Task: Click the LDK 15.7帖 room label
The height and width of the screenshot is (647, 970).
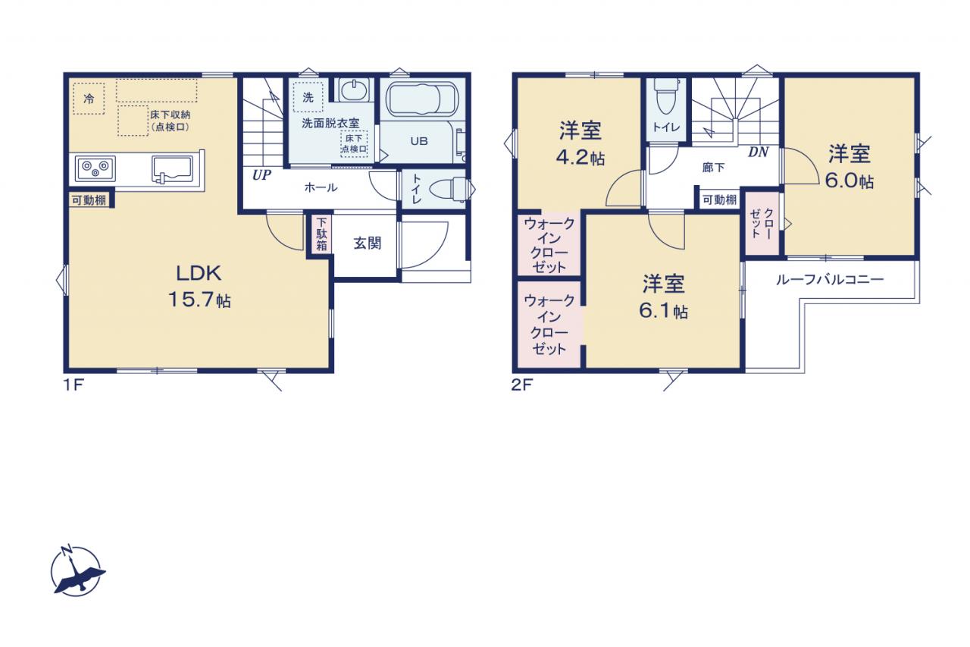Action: pos(199,287)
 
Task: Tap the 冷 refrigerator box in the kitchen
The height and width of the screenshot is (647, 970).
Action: pos(89,99)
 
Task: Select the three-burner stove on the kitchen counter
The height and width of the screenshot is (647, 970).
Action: pos(95,168)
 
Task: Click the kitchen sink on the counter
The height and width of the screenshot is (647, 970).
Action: pos(172,169)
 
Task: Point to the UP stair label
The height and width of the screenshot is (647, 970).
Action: pos(261,175)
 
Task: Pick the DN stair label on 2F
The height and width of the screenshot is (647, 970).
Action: pos(759,152)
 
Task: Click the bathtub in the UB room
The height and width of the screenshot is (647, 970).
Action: pos(422,99)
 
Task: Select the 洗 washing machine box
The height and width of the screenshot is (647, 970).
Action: pos(308,97)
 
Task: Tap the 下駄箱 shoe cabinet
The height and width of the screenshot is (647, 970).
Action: pos(321,234)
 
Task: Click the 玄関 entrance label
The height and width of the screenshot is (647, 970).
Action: pos(368,243)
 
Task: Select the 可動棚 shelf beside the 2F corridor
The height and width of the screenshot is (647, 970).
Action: pos(719,199)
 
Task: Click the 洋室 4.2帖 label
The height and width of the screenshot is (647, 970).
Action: pos(580,144)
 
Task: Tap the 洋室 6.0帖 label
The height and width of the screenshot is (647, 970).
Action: pos(850,168)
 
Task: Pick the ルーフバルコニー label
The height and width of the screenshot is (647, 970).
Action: pos(830,280)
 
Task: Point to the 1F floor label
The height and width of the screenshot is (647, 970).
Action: pos(74,385)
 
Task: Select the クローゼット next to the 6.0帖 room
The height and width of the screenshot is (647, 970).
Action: pos(762,223)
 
